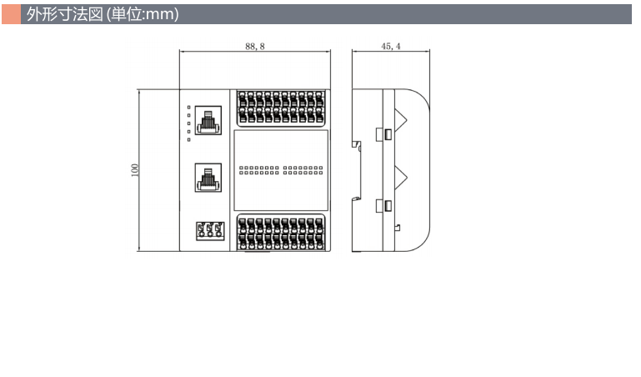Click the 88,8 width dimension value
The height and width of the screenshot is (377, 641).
pyautogui.click(x=255, y=47)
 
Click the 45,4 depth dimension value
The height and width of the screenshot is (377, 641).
pyautogui.click(x=391, y=47)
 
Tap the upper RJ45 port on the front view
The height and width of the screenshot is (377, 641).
pyautogui.click(x=206, y=118)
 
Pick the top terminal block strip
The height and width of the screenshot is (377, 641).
pyautogui.click(x=281, y=108)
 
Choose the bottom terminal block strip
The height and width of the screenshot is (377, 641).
pyautogui.click(x=281, y=233)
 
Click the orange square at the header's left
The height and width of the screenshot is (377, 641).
pyautogui.click(x=11, y=14)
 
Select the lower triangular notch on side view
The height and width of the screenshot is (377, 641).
pyautogui.click(x=401, y=177)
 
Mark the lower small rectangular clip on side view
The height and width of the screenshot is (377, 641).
pyautogui.click(x=388, y=205)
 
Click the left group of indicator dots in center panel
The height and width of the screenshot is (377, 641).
pyautogui.click(x=258, y=171)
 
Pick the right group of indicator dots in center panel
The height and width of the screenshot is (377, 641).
pyautogui.click(x=303, y=171)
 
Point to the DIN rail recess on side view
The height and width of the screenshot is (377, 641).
pyautogui.click(x=358, y=171)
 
